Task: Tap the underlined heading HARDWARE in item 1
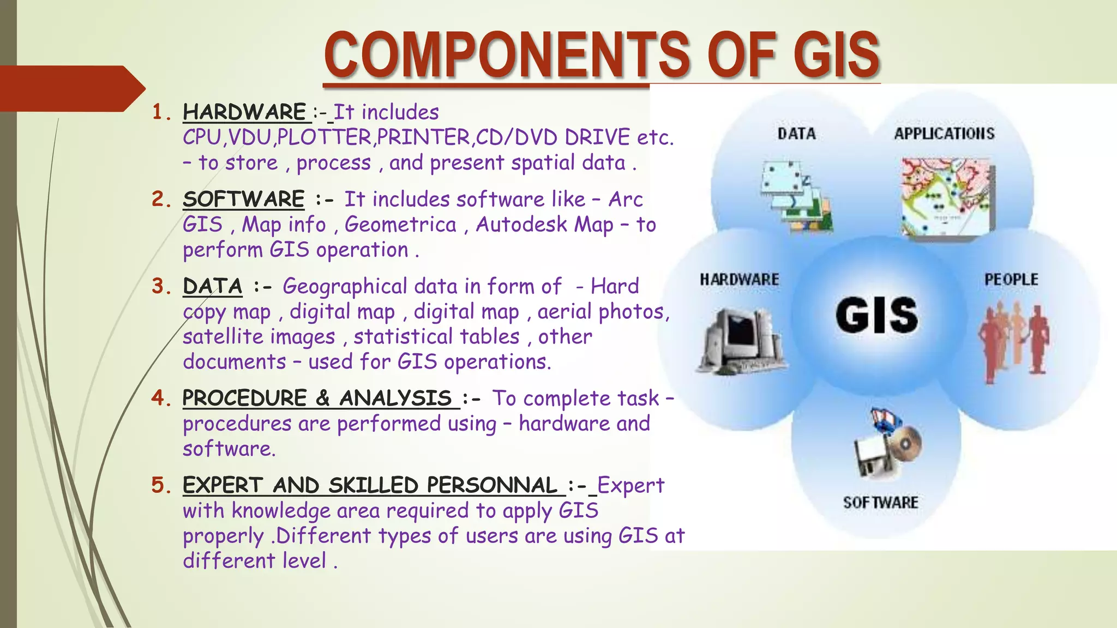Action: tap(245, 112)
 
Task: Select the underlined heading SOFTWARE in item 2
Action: tap(244, 199)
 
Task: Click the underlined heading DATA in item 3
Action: tap(213, 286)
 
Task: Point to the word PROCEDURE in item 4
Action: tap(245, 398)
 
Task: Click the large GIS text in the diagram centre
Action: tap(877, 316)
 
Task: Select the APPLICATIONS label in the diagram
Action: tap(944, 134)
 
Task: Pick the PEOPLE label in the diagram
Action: tap(1011, 280)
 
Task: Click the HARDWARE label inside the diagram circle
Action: tap(740, 280)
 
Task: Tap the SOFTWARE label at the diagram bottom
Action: tap(880, 503)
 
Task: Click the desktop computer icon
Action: tap(741, 341)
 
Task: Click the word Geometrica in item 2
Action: tap(400, 225)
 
